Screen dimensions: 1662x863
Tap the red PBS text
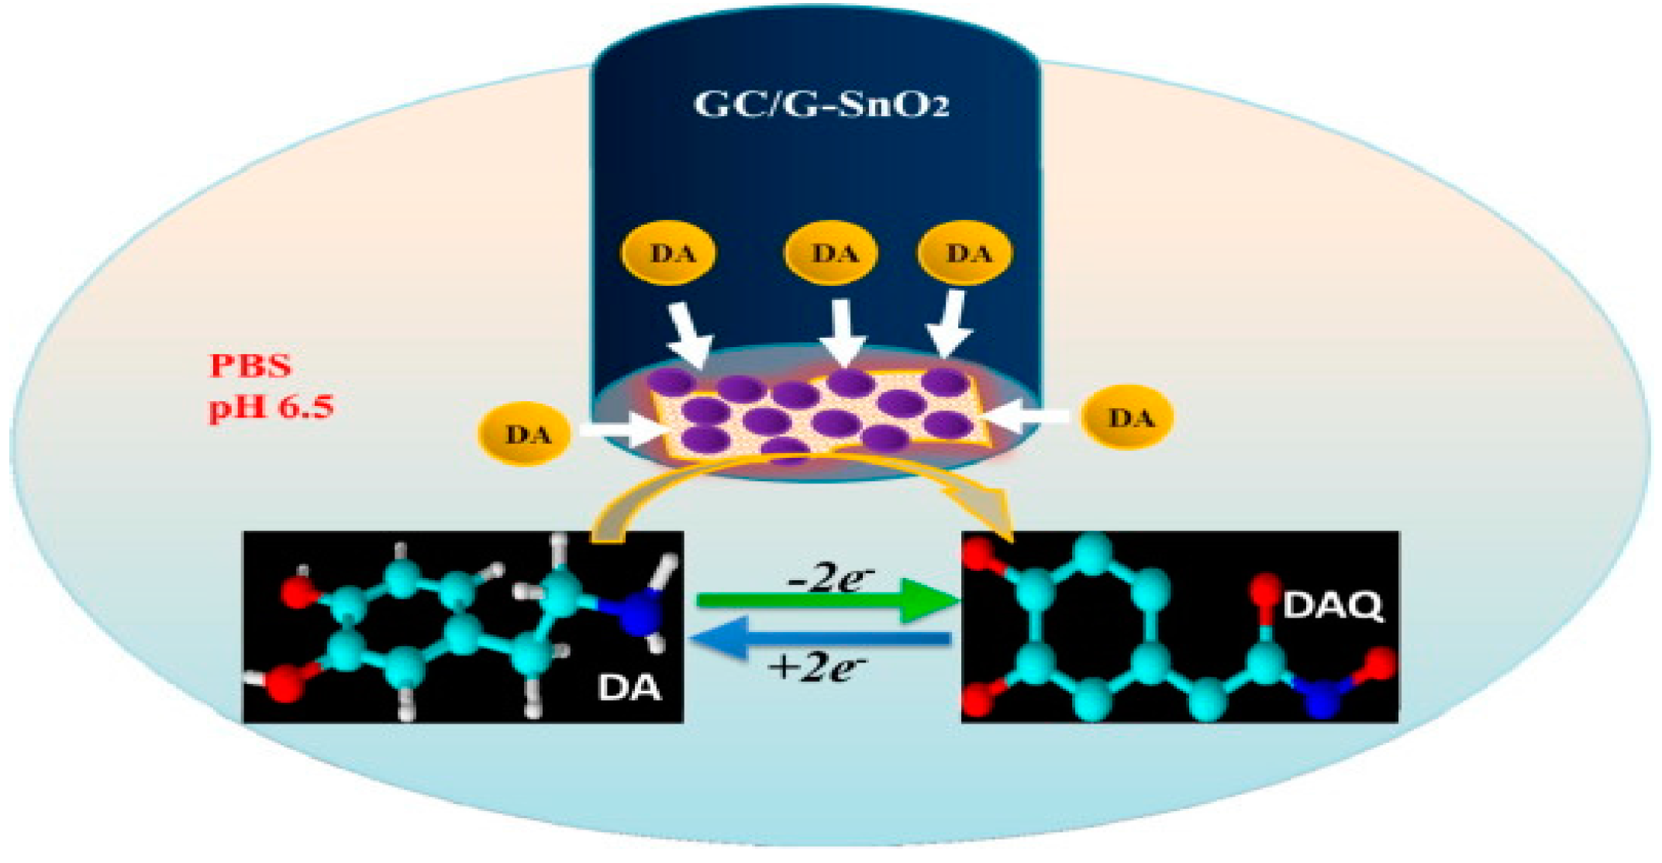[250, 366]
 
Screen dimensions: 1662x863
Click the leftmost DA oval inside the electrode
[669, 253]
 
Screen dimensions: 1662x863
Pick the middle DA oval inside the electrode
[832, 253]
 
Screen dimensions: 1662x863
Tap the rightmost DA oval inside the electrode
[965, 253]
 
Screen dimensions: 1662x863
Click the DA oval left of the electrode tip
[527, 435]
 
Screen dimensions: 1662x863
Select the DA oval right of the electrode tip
[1129, 418]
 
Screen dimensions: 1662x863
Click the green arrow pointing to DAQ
[826, 601]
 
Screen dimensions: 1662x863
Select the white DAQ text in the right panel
[1333, 606]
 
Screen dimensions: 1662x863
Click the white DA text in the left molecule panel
[629, 687]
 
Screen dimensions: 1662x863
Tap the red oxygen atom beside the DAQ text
[1267, 590]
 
